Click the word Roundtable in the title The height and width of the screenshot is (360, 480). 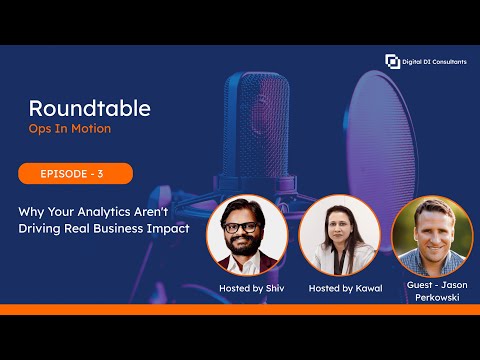click(x=91, y=108)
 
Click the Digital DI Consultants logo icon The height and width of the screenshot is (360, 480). click(x=393, y=61)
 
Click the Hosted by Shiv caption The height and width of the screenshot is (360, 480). click(x=246, y=288)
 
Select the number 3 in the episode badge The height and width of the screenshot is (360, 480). click(x=99, y=174)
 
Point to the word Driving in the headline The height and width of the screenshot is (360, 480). click(x=42, y=229)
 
